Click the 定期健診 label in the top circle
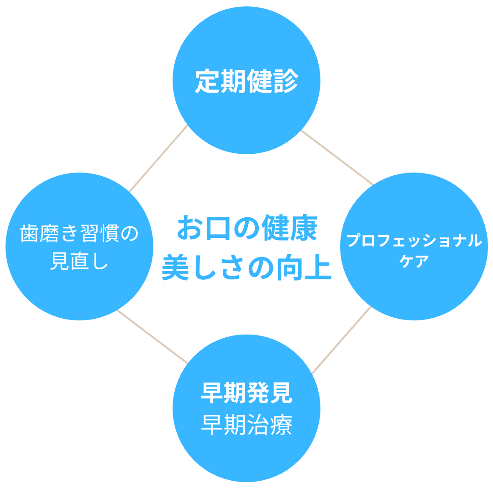(x=246, y=81)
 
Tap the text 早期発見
(x=247, y=393)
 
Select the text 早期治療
(x=247, y=425)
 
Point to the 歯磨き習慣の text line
(x=79, y=233)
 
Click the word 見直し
(x=79, y=261)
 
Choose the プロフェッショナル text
(x=414, y=241)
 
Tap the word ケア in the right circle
(x=414, y=261)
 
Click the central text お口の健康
(x=247, y=228)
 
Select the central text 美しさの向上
(x=247, y=267)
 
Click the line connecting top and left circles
(x=158, y=158)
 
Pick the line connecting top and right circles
(x=337, y=157)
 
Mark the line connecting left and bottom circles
(x=152, y=337)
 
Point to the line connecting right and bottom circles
(x=341, y=340)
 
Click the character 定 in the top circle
(x=208, y=81)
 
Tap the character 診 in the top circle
(x=285, y=81)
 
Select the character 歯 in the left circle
(x=30, y=233)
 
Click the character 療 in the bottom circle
(x=282, y=425)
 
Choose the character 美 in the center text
(x=175, y=267)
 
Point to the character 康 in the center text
(x=304, y=228)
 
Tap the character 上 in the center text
(x=318, y=267)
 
